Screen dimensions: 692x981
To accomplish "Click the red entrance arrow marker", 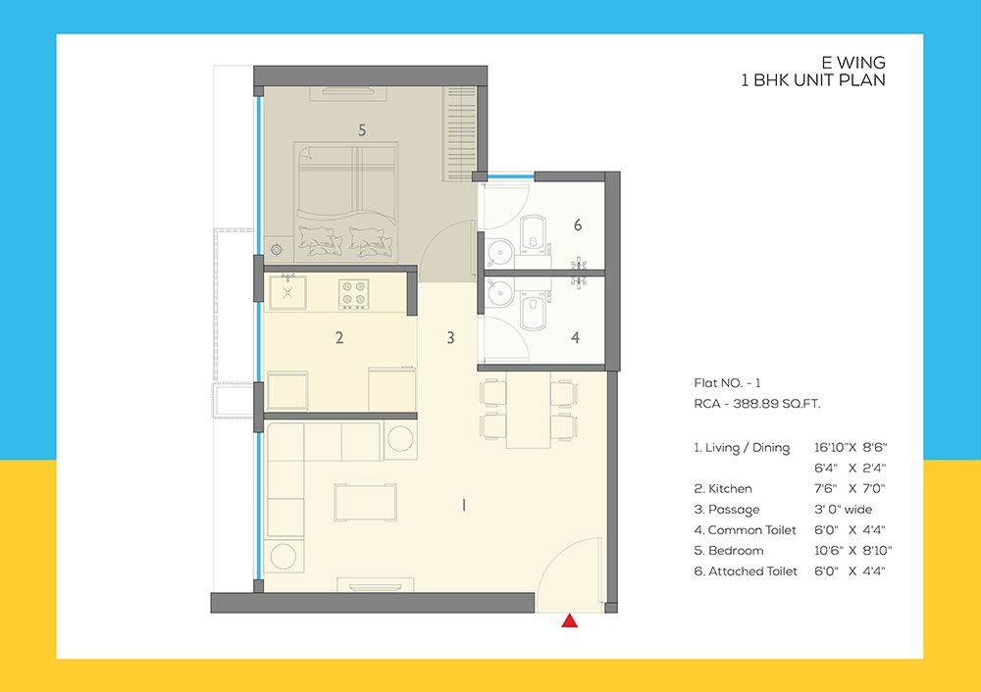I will click(x=568, y=620).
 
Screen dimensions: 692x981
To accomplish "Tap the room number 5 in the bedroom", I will click(x=362, y=129).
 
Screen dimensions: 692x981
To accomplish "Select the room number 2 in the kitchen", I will click(x=339, y=338).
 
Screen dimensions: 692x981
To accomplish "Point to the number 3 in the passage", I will click(x=450, y=338).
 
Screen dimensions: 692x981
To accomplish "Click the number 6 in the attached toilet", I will click(x=578, y=225).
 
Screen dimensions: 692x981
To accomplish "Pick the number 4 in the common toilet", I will click(x=575, y=338).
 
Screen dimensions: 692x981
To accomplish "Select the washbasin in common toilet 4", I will click(x=497, y=292).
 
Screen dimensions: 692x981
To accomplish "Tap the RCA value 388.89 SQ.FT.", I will click(x=763, y=403).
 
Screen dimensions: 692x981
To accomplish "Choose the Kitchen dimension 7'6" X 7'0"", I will click(x=850, y=488).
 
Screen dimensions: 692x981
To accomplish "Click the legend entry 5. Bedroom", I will click(x=729, y=550).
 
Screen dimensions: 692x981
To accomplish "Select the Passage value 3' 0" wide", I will click(x=843, y=509).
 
